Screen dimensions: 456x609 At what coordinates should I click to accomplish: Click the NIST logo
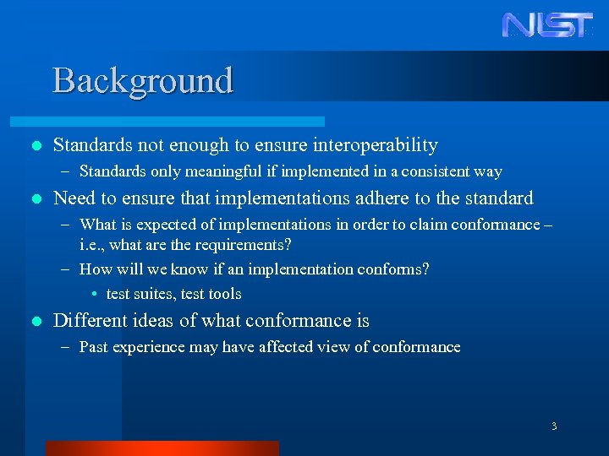point(547,24)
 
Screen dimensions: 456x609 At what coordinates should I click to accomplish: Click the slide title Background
point(142,81)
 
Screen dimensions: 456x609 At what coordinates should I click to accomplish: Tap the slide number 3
point(554,426)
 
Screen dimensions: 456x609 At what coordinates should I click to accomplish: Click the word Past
point(94,347)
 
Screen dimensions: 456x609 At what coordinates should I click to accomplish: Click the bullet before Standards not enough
point(35,146)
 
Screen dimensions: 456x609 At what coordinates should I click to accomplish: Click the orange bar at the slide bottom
point(162,448)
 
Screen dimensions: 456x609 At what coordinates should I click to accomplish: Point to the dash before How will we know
point(66,269)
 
